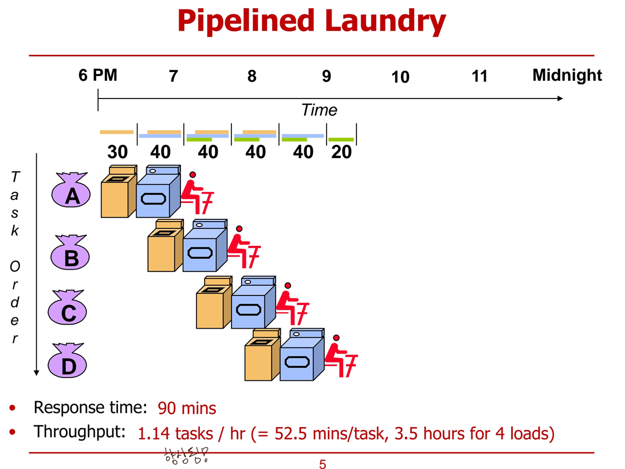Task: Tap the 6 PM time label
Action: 98,75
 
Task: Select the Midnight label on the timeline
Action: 567,75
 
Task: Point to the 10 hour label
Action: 400,77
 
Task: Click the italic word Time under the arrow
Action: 319,110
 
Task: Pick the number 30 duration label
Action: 117,152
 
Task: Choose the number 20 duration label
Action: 341,152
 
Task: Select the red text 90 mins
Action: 187,409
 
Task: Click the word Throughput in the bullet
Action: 79,432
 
